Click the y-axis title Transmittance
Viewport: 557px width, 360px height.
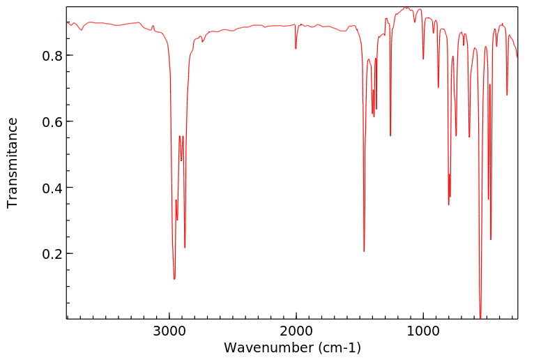[13, 163]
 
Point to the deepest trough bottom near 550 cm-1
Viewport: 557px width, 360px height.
[480, 317]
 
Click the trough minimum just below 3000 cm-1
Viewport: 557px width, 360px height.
[174, 279]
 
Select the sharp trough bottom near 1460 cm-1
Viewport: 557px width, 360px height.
[364, 251]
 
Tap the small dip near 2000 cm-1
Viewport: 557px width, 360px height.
[296, 48]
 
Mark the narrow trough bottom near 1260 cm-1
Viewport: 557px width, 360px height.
[390, 135]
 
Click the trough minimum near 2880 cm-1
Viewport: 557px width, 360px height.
[185, 247]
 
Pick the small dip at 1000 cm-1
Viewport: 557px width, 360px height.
[423, 59]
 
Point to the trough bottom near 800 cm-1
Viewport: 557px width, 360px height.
[449, 204]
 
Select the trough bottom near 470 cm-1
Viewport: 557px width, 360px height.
[491, 239]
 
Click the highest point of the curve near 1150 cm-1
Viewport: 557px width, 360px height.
[406, 8]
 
